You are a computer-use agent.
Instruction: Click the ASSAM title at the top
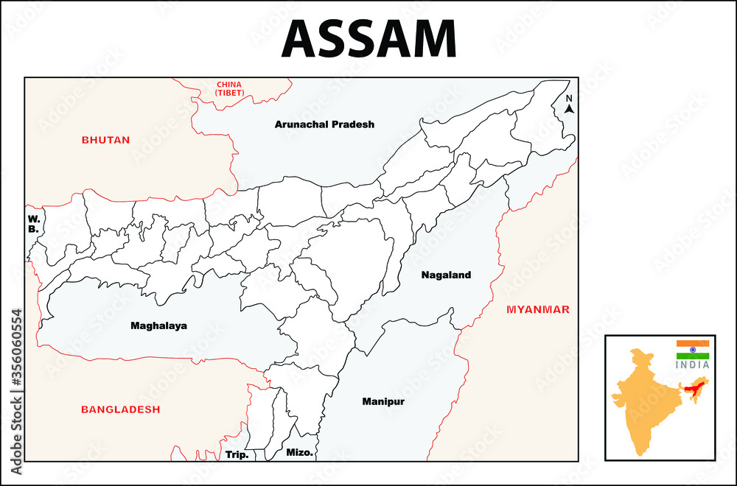point(368,38)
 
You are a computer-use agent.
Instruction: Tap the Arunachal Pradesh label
point(324,124)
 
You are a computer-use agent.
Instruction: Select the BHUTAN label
point(105,140)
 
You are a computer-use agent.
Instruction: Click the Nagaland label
point(446,275)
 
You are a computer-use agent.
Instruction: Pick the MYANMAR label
point(537,309)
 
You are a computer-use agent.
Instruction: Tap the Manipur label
point(383,402)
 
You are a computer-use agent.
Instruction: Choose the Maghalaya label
point(158,325)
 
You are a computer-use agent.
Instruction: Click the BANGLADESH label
point(120,409)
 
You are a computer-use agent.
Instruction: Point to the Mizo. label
point(300,453)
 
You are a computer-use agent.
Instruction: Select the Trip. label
point(237,454)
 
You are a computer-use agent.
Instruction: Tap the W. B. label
point(33,224)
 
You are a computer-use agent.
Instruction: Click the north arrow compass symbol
point(569,108)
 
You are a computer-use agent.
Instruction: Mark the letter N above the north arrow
point(569,98)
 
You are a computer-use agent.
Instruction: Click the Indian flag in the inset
point(693,350)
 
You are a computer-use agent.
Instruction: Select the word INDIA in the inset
point(693,364)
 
